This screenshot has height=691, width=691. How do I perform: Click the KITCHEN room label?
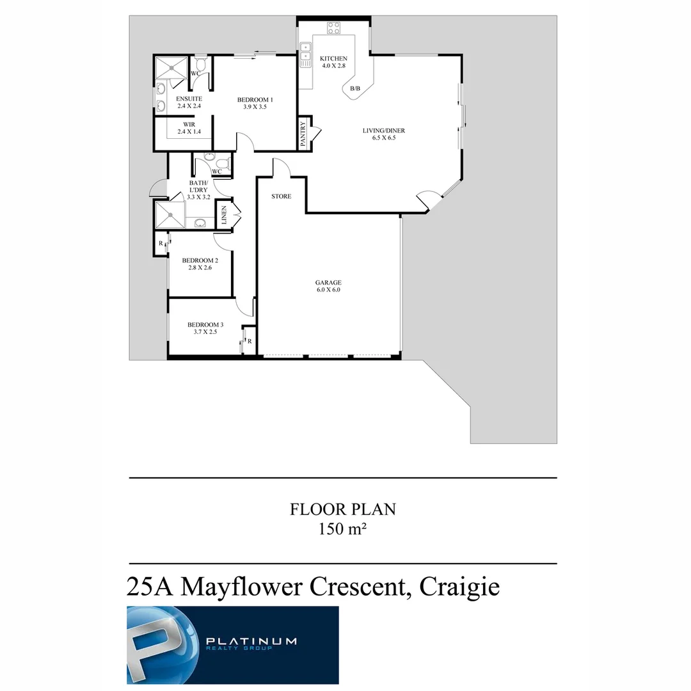click(333, 59)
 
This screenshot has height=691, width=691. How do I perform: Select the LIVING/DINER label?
click(384, 131)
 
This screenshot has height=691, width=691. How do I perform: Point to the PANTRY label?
click(303, 135)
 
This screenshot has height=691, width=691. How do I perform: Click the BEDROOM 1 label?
click(255, 99)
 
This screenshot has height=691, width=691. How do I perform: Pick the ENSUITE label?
click(171, 99)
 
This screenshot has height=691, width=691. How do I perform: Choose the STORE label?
click(281, 196)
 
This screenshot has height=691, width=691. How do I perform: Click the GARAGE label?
click(328, 282)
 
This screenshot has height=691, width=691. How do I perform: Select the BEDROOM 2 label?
click(200, 260)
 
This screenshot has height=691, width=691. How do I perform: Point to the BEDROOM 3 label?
click(205, 324)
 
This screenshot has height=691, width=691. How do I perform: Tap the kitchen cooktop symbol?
click(333, 27)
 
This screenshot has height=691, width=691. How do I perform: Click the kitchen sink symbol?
click(305, 51)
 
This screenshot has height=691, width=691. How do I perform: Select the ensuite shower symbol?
click(171, 66)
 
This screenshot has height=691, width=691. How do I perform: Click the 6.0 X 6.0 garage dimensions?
click(328, 290)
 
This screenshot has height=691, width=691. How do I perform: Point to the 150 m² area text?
click(342, 530)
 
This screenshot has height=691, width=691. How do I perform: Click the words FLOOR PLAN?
click(342, 509)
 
